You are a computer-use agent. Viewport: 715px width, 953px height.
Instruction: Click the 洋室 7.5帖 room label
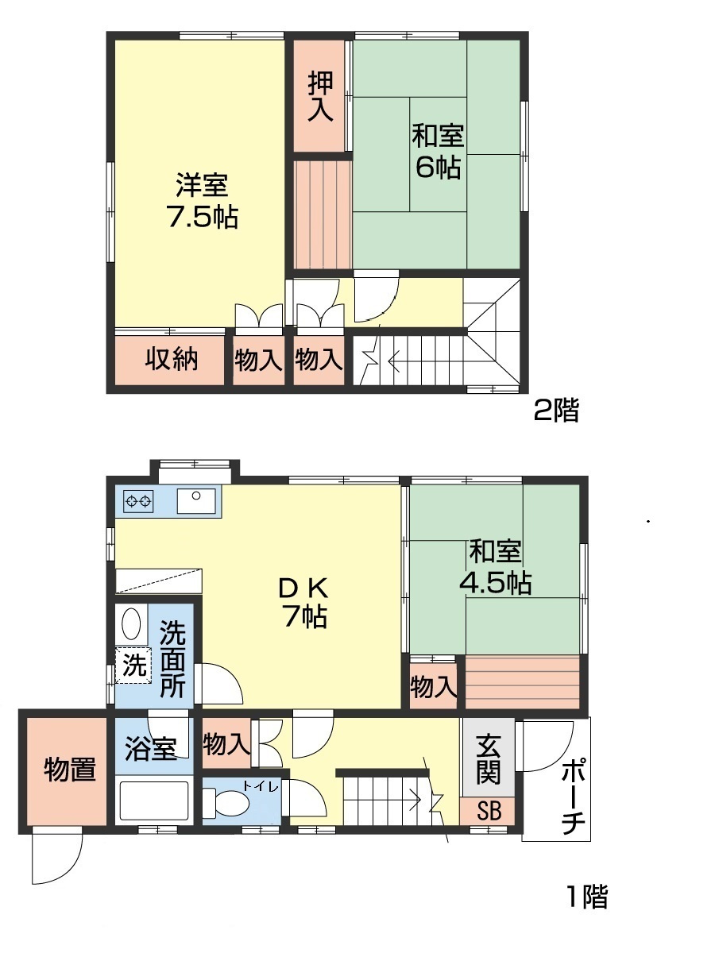point(202,202)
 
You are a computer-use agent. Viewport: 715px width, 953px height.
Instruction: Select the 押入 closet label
point(320,97)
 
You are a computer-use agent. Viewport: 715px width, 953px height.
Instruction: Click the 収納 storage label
point(171,360)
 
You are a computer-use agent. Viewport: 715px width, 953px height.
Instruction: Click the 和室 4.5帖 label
point(496,567)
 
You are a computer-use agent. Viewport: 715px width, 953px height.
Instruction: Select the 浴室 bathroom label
point(151,748)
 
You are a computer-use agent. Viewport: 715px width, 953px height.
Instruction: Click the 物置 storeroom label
point(70,770)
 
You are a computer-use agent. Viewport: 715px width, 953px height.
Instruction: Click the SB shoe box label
point(488,812)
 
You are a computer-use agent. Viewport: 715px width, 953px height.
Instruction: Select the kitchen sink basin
point(195,501)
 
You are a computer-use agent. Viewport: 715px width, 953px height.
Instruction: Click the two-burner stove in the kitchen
point(138,501)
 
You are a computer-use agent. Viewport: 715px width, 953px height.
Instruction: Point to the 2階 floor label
point(555,411)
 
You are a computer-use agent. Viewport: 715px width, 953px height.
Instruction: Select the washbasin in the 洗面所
point(132,624)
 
